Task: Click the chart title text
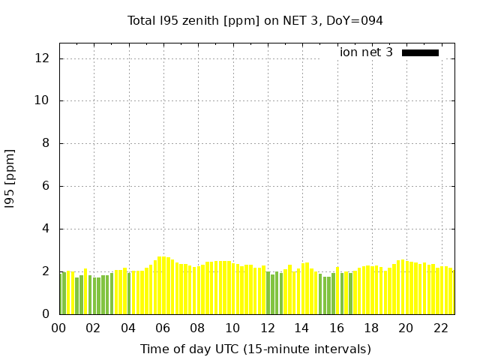tap(255, 21)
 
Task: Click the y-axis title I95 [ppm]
tap(10, 178)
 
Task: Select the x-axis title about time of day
tap(255, 349)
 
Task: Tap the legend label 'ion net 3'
tap(366, 52)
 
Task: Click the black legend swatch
tap(420, 52)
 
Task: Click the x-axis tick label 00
tap(58, 328)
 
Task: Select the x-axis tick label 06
tap(163, 328)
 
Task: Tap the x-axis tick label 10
tap(232, 328)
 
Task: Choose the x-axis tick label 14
tap(301, 328)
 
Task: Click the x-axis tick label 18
tap(370, 328)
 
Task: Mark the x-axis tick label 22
tap(440, 328)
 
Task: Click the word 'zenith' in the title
tap(199, 21)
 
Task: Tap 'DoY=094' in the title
tap(355, 21)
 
